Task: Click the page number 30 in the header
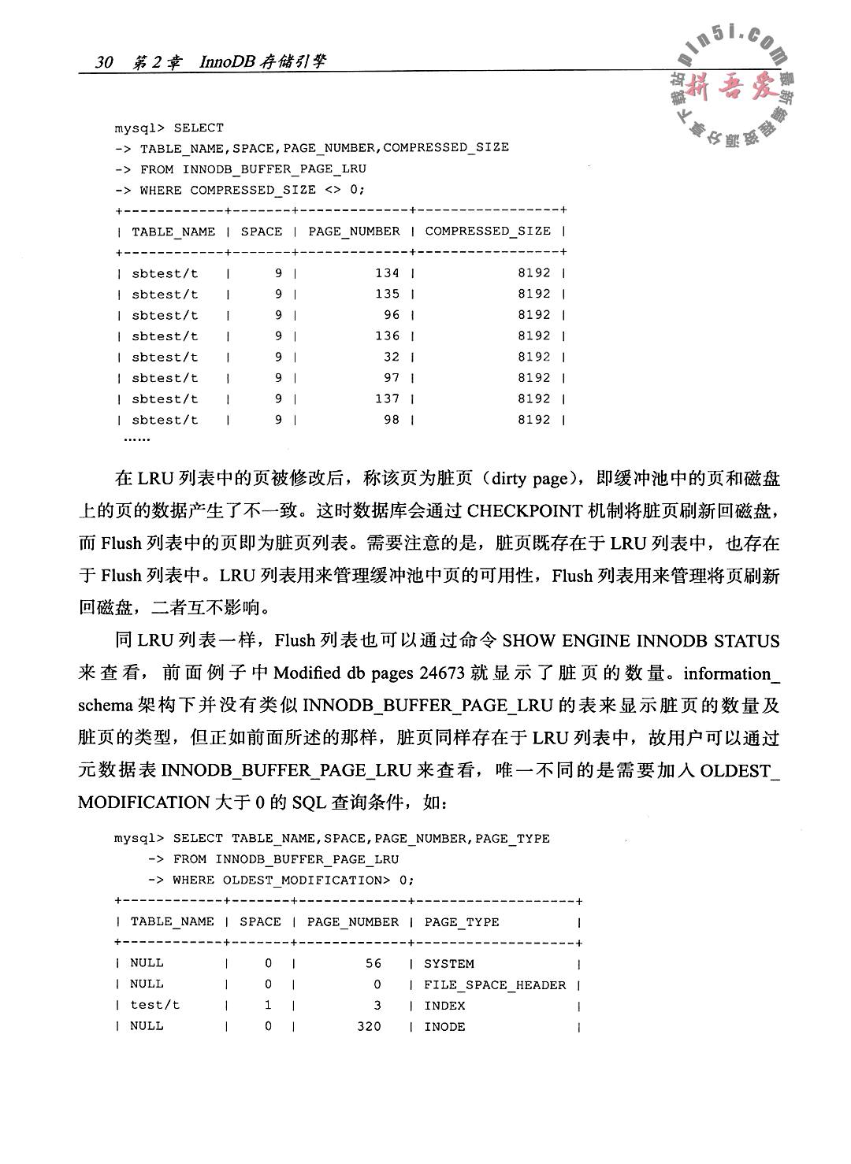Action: pyautogui.click(x=105, y=62)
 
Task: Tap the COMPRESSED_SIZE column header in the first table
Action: pyautogui.click(x=488, y=231)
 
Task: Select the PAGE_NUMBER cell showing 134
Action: pyautogui.click(x=387, y=272)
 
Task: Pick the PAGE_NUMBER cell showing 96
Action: pyautogui.click(x=392, y=314)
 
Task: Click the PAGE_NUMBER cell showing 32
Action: pyautogui.click(x=392, y=356)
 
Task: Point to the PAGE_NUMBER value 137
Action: pyautogui.click(x=387, y=399)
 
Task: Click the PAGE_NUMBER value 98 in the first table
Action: pyautogui.click(x=392, y=419)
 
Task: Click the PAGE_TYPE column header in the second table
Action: pyautogui.click(x=462, y=921)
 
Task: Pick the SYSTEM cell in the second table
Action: pyautogui.click(x=449, y=963)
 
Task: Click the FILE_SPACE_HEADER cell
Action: pyautogui.click(x=495, y=984)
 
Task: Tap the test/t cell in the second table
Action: pyautogui.click(x=155, y=1005)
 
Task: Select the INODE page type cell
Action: pyautogui.click(x=444, y=1026)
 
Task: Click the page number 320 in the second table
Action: pyautogui.click(x=368, y=1026)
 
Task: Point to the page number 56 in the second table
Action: pyautogui.click(x=373, y=963)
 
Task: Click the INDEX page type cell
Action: pyautogui.click(x=444, y=1005)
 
